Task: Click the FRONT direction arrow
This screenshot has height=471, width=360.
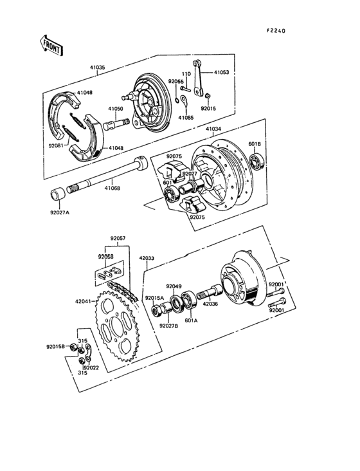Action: [51, 44]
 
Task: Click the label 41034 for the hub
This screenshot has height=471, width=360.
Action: [214, 129]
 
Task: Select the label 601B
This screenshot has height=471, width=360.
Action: [273, 143]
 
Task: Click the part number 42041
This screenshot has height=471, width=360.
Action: [83, 300]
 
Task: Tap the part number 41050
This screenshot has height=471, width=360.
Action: [116, 109]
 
